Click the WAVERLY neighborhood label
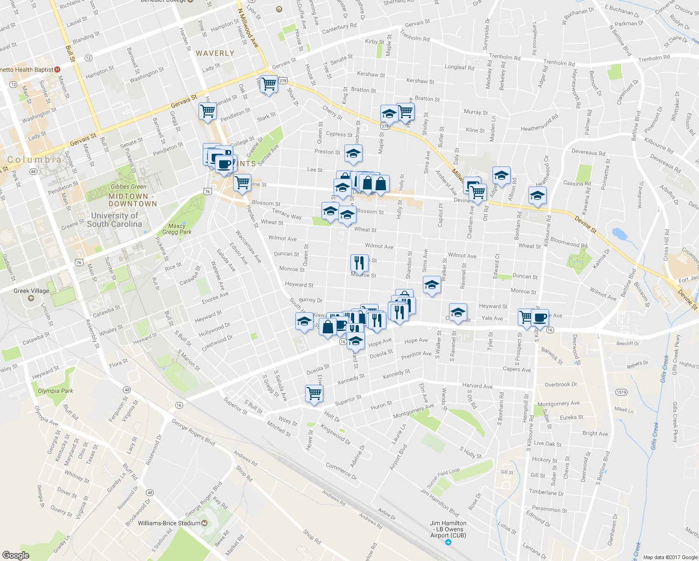coord(215,53)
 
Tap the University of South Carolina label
coord(114,220)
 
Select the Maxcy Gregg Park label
coord(177,229)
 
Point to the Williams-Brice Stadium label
coord(169,523)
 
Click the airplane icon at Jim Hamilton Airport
coord(449,542)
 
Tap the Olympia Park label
coord(55,391)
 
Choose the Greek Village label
coord(31,291)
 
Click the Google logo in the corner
coord(15,555)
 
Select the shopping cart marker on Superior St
coord(314,393)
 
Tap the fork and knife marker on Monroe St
coord(359,263)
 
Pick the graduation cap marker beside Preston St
coord(354,153)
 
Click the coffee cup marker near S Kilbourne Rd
coord(541,317)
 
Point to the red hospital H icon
coord(57,70)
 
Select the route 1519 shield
coord(621,392)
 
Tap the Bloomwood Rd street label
coord(569,242)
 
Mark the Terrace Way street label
coord(286,214)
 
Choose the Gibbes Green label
coord(128,187)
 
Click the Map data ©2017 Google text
coord(670,557)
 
